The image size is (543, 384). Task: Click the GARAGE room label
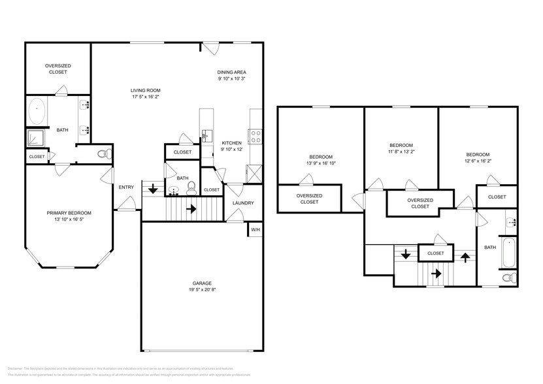[x=201, y=283]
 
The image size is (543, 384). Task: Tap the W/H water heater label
[x=255, y=230]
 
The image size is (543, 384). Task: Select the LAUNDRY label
[x=243, y=203]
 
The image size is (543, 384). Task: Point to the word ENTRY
[x=126, y=187]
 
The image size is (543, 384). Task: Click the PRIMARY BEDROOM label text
[x=69, y=213]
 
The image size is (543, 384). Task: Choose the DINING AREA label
[x=232, y=72]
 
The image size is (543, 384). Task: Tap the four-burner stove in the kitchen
[x=256, y=136]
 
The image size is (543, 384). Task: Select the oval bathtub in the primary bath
[x=37, y=111]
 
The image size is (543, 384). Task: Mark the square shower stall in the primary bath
[x=34, y=137]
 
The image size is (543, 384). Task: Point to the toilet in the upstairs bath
[x=508, y=278]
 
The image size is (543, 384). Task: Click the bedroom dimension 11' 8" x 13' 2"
[x=401, y=152]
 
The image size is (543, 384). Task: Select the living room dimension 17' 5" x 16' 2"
[x=145, y=97]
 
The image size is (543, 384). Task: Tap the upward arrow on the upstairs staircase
[x=465, y=257]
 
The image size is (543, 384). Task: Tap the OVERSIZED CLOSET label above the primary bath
[x=58, y=69]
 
